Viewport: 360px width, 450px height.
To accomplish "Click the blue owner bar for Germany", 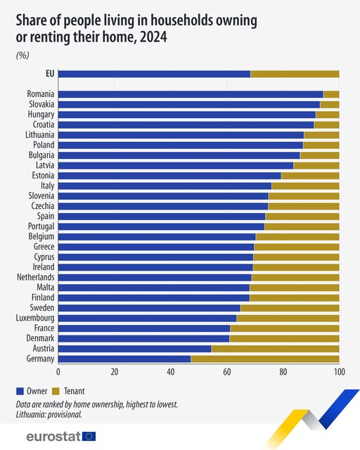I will coord(124,359).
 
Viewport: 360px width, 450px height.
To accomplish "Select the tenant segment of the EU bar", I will coord(295,74).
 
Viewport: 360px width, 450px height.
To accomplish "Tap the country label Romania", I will coord(41,94).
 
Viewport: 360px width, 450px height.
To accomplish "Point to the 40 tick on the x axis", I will coord(171,371).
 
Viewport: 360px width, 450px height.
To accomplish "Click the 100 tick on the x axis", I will coord(339,371).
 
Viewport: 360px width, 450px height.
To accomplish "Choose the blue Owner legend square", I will coord(19,390).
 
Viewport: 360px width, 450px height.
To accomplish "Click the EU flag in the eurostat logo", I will coord(89,437).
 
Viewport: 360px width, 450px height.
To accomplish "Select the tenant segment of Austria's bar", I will coord(275,348).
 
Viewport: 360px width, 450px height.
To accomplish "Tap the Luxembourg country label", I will coord(36,318).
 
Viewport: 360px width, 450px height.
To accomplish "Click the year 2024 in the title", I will coord(153,38).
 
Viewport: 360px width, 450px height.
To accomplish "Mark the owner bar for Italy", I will coord(165,186).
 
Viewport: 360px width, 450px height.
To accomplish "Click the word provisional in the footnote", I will coord(65,414).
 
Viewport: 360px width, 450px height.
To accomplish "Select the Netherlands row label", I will coord(35,277).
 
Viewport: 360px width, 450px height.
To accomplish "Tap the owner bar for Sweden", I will coord(149,308).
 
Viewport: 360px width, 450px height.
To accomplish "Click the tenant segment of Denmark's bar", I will coord(284,338).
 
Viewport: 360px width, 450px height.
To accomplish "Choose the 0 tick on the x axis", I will coord(58,371).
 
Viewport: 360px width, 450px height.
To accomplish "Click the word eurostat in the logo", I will coord(53,437).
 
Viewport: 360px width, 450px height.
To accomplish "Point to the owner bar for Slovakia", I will coord(189,104).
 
